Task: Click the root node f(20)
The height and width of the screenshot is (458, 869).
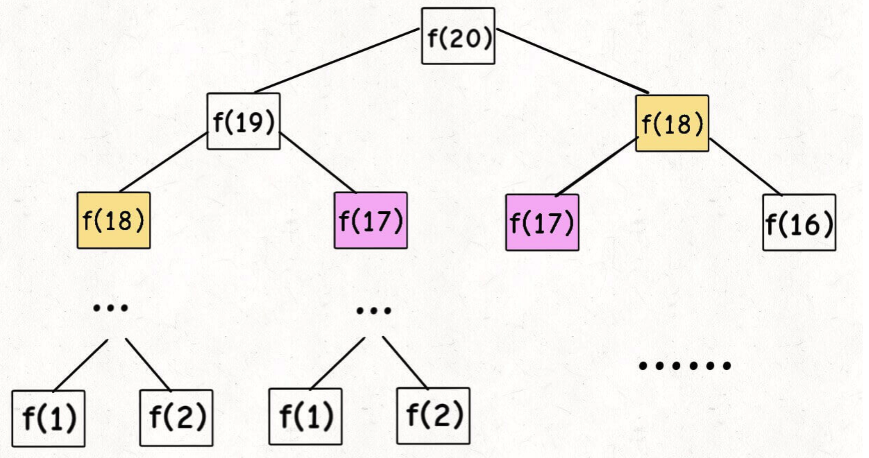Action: [x=458, y=36]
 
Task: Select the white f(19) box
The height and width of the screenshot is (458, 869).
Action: [x=243, y=121]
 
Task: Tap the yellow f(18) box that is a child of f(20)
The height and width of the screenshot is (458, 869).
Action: [x=672, y=124]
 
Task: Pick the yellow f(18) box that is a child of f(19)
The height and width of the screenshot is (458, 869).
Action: [x=114, y=221]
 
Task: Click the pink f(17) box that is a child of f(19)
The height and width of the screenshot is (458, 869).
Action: [x=370, y=221]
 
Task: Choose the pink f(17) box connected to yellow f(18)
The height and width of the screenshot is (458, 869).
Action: [x=542, y=222]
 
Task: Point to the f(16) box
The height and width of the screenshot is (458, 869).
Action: [x=799, y=223]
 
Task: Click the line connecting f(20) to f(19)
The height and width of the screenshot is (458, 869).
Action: [x=337, y=60]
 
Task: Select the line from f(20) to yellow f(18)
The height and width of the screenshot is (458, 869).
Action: [x=572, y=61]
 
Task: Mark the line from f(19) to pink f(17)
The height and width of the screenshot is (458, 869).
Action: [x=317, y=162]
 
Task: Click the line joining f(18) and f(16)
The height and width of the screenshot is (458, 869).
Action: [x=745, y=167]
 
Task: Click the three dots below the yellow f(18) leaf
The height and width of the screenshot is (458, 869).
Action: [x=110, y=308]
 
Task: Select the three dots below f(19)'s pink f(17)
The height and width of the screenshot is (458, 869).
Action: [x=374, y=310]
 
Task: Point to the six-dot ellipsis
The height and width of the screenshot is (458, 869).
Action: [x=685, y=366]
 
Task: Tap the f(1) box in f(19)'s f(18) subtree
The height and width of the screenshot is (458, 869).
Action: [x=48, y=418]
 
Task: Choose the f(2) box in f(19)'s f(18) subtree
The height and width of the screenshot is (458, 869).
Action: [x=176, y=418]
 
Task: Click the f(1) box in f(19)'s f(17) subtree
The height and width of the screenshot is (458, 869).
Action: [x=305, y=416]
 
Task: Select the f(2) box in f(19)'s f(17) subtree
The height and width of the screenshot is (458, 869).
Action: [x=433, y=416]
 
